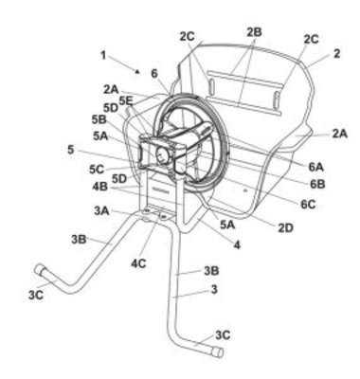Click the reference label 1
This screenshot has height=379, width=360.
(103, 56)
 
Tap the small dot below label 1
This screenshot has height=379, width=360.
(137, 72)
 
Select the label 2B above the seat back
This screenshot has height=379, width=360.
(254, 32)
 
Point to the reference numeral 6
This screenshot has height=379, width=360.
(154, 74)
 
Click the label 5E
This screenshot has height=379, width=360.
(126, 101)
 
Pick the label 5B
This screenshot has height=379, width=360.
(99, 119)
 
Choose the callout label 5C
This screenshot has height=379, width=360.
(97, 170)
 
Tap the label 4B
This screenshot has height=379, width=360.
(100, 187)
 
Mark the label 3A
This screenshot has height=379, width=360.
(101, 210)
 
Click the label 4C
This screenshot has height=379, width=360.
(138, 263)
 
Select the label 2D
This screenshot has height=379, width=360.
(285, 227)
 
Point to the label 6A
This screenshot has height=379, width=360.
(315, 167)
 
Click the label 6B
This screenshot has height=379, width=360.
(317, 185)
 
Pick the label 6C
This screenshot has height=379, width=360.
(308, 205)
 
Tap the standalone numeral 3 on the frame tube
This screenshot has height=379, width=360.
(214, 289)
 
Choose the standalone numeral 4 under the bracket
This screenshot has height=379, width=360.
(237, 244)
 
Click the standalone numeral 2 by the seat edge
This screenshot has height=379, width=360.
(337, 54)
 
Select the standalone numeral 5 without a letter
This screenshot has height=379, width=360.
(71, 150)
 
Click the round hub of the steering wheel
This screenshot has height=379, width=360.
(163, 154)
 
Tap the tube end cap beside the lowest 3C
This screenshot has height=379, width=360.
(218, 352)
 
